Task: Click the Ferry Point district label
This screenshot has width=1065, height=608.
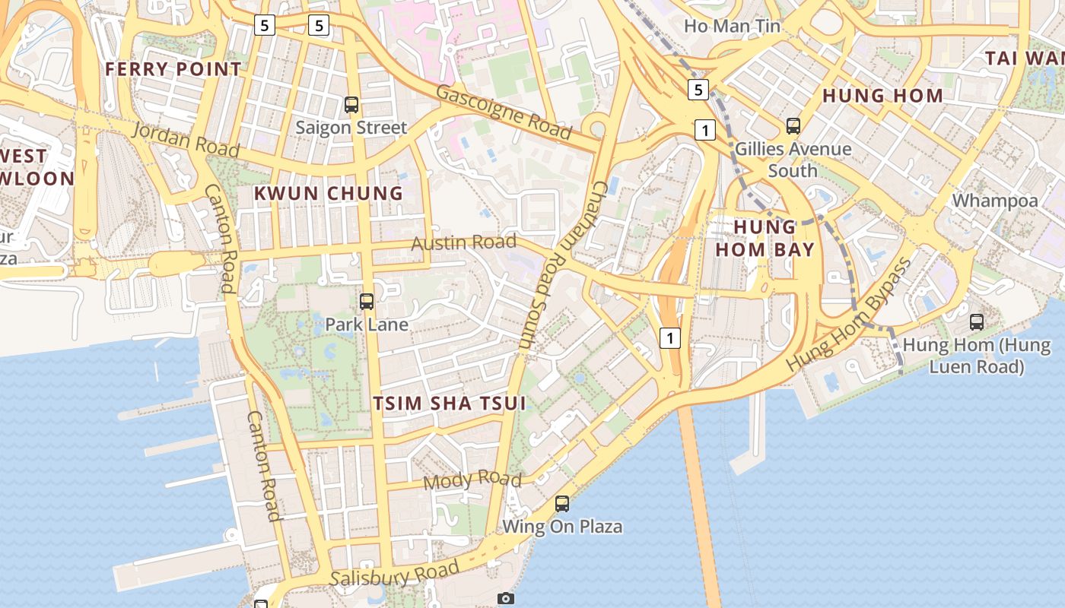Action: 173,69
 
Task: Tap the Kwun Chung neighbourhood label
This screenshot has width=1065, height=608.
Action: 329,193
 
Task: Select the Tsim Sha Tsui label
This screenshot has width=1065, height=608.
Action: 450,403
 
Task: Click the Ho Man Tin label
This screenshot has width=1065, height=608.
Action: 732,26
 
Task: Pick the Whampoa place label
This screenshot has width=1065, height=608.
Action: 995,201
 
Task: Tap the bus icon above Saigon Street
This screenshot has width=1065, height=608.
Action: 351,105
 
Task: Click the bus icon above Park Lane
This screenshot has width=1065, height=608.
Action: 367,302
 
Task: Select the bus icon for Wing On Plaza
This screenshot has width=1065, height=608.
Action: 562,503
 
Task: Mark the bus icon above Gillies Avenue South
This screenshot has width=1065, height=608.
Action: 793,125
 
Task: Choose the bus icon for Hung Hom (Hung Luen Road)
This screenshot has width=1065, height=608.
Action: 977,321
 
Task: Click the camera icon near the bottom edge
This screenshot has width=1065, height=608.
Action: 506,599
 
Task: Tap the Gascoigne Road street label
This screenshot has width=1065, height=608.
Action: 504,112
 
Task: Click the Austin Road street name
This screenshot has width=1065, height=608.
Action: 463,243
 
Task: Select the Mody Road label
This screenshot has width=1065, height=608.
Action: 472,480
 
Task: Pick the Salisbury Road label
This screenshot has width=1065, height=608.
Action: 396,574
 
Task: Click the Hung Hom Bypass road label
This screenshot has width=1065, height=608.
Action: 848,314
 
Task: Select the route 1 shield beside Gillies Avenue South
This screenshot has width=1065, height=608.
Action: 705,130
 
